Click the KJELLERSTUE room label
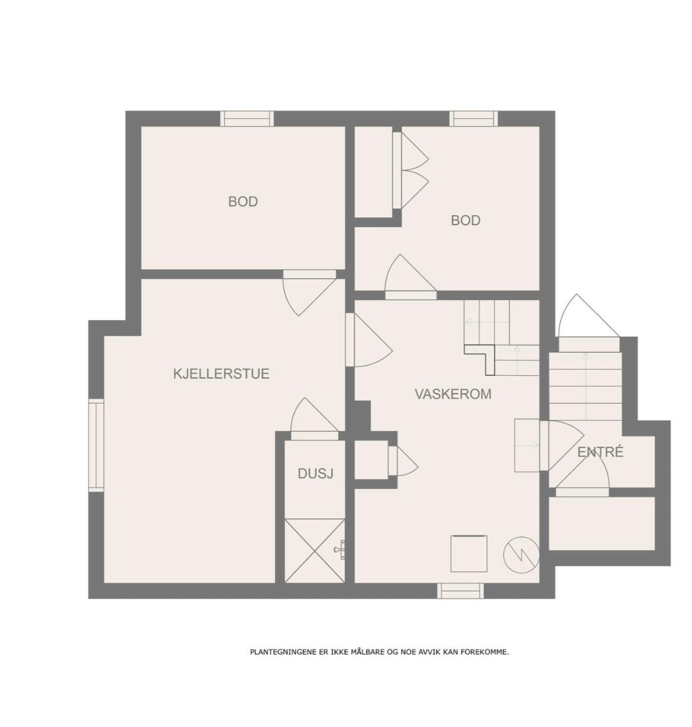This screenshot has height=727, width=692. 221,374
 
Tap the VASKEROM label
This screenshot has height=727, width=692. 452,394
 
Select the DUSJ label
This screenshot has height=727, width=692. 315,473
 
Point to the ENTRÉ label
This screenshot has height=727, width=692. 600,453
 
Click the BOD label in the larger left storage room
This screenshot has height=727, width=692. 243,202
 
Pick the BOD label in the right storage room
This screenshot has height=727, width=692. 465,221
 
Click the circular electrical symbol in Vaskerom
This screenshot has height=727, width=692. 521,554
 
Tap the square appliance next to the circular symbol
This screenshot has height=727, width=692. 469,553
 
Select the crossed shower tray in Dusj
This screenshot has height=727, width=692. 315,550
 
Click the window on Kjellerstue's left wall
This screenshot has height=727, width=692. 96,445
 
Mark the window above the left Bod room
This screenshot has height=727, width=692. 247,119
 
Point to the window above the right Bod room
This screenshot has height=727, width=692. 473,119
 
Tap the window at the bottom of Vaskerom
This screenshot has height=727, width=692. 460,590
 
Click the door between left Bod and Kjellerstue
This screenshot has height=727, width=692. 309,290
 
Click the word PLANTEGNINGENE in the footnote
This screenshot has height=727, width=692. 277,652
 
